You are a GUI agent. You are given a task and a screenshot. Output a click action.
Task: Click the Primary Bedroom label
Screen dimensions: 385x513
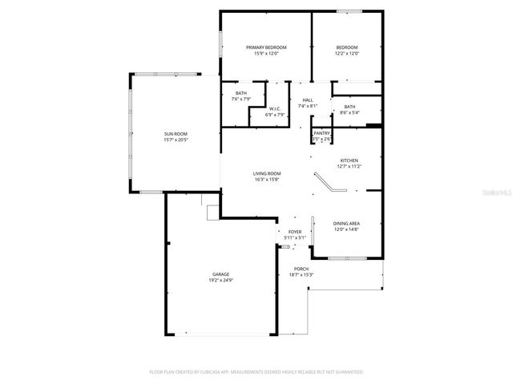click(265, 47)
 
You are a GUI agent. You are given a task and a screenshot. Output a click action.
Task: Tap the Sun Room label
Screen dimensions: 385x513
click(176, 133)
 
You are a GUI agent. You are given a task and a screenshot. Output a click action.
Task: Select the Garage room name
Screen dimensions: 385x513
click(221, 274)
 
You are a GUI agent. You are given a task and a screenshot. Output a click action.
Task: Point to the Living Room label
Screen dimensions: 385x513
click(267, 173)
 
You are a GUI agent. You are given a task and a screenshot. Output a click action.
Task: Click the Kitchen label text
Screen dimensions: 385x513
click(349, 160)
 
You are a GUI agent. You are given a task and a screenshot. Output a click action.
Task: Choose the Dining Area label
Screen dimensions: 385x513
click(346, 223)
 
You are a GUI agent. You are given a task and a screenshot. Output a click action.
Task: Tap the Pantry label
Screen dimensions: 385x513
click(321, 133)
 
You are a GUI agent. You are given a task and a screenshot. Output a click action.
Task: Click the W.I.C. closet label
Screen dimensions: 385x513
click(274, 108)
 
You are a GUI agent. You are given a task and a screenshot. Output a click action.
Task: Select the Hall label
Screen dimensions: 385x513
click(308, 99)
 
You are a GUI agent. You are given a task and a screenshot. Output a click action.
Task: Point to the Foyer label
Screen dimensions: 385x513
click(295, 232)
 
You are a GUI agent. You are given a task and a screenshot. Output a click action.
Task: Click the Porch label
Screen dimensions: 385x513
click(301, 269)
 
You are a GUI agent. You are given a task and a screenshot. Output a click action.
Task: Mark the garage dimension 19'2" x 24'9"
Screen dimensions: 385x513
click(221, 281)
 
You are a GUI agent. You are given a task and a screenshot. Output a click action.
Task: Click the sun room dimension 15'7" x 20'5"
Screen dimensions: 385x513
click(176, 140)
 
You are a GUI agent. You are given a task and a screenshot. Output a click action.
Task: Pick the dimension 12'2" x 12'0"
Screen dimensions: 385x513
click(346, 54)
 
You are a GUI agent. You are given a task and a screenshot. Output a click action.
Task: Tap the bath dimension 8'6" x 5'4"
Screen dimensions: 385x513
click(349, 112)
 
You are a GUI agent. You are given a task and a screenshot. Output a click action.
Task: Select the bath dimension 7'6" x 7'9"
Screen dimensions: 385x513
click(241, 99)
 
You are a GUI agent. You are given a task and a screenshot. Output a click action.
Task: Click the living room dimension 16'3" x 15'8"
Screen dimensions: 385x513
click(267, 180)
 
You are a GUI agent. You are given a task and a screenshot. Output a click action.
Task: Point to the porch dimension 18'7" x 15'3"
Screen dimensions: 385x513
click(301, 275)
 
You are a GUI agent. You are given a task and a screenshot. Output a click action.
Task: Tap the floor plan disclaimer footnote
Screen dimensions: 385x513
click(256, 372)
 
